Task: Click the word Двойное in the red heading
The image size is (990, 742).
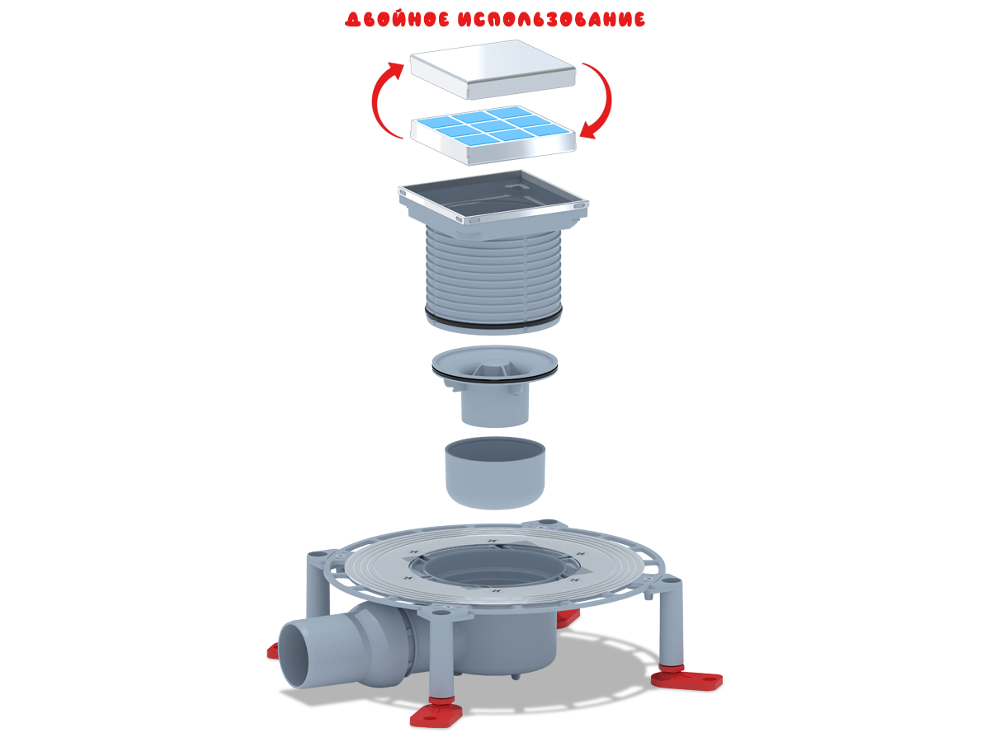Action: pyautogui.click(x=398, y=19)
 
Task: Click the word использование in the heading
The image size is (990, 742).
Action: pyautogui.click(x=552, y=19)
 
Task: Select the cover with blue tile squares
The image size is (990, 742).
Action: pyautogui.click(x=493, y=134)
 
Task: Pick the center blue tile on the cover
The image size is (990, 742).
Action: pyautogui.click(x=492, y=125)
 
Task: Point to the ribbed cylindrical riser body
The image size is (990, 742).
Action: pyautogui.click(x=493, y=275)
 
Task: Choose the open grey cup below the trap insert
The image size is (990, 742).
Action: pyautogui.click(x=495, y=472)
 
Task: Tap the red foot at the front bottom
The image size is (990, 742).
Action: pyautogui.click(x=436, y=711)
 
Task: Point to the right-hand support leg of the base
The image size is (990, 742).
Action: pyautogui.click(x=671, y=622)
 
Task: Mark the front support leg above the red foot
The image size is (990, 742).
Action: pyautogui.click(x=441, y=653)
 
